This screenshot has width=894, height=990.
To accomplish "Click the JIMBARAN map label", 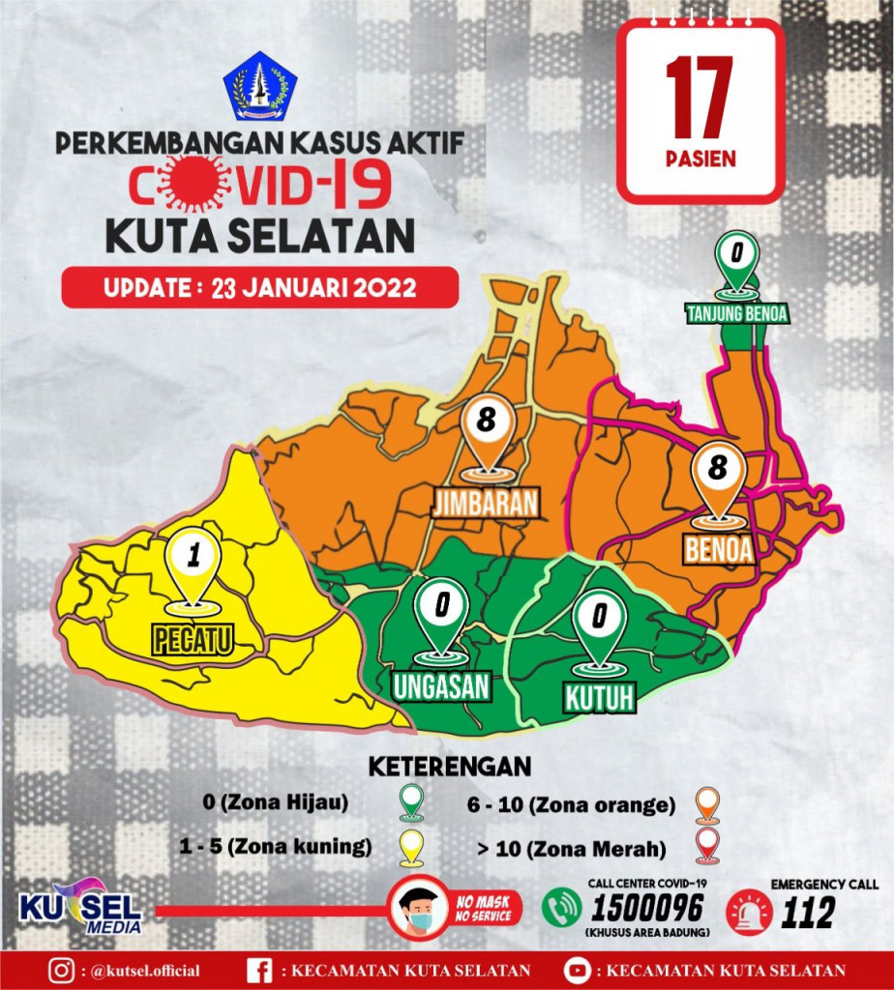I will click(x=485, y=503).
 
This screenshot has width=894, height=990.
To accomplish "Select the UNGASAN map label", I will click(x=441, y=685).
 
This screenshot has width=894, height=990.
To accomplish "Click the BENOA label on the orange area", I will click(x=718, y=548).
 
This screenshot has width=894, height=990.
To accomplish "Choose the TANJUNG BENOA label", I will click(x=737, y=313).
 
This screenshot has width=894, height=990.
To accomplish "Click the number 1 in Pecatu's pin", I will click(x=194, y=557).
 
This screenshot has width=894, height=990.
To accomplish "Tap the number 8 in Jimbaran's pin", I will click(x=486, y=422).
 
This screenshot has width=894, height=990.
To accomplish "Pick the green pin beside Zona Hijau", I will click(x=413, y=801).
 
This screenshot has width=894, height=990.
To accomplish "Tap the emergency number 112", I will click(x=807, y=912).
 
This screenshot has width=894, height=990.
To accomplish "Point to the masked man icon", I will click(x=418, y=910).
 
